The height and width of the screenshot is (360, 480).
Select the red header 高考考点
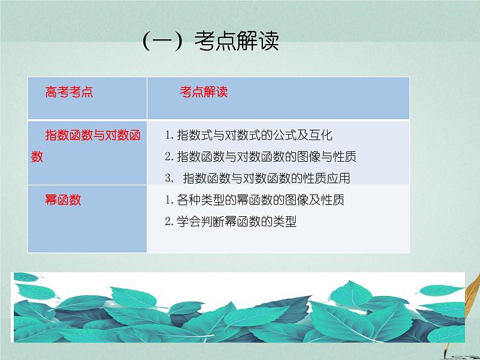(70, 92)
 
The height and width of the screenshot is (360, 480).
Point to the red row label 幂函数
(63, 200)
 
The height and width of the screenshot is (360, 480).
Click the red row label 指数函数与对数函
(94, 135)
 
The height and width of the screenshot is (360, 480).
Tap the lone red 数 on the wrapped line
(37, 156)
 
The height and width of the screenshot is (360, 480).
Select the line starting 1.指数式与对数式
(248, 135)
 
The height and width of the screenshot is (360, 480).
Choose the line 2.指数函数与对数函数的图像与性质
(261, 156)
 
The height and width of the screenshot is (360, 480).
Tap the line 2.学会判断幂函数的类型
(230, 222)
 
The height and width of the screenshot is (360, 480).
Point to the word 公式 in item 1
(284, 135)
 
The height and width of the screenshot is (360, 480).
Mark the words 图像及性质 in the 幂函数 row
(315, 200)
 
